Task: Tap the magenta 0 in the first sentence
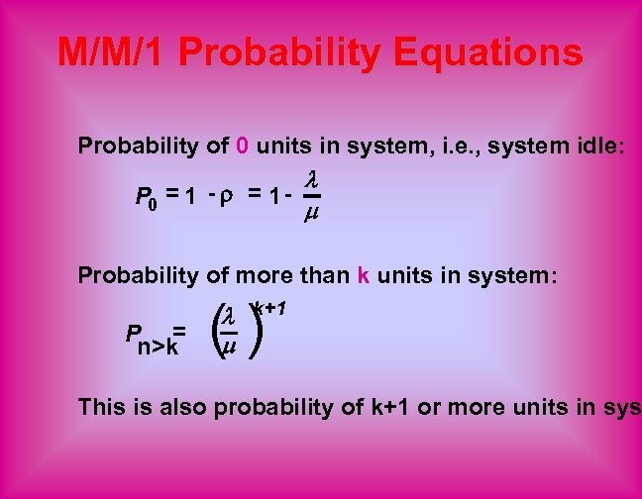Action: click(x=243, y=147)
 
